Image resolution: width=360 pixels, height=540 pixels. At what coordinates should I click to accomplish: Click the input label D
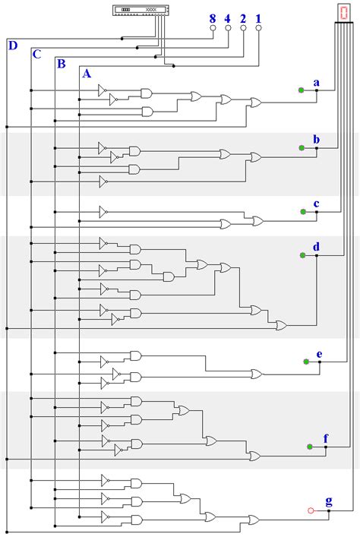tap(12, 46)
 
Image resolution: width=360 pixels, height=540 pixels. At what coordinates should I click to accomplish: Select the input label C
tap(36, 54)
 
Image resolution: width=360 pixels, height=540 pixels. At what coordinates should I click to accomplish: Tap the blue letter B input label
tap(61, 63)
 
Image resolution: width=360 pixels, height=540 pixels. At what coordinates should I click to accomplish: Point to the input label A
tap(86, 73)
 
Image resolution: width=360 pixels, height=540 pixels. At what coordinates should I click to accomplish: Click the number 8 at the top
tap(213, 17)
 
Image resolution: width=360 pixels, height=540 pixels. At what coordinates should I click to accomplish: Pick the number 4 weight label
tap(228, 17)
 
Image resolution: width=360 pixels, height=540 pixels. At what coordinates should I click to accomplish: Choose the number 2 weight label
tap(243, 17)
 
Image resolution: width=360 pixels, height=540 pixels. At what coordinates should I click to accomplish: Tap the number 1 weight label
tap(258, 17)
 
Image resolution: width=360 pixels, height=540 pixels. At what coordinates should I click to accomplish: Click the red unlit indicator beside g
tap(310, 510)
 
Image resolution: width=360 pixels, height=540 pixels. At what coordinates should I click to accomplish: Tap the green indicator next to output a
tap(302, 90)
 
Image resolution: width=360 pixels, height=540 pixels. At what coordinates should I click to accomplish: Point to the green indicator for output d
tap(302, 256)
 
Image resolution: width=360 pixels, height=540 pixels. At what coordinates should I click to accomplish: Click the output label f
tap(326, 439)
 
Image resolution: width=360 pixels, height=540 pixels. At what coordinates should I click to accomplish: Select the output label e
tap(319, 354)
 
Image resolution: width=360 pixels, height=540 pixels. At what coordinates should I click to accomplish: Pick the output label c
tap(316, 204)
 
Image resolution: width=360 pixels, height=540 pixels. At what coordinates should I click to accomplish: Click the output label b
tap(316, 140)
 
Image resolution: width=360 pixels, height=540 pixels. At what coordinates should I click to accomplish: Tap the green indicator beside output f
tap(310, 447)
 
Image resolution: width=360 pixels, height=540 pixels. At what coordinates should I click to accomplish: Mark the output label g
tap(328, 501)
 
